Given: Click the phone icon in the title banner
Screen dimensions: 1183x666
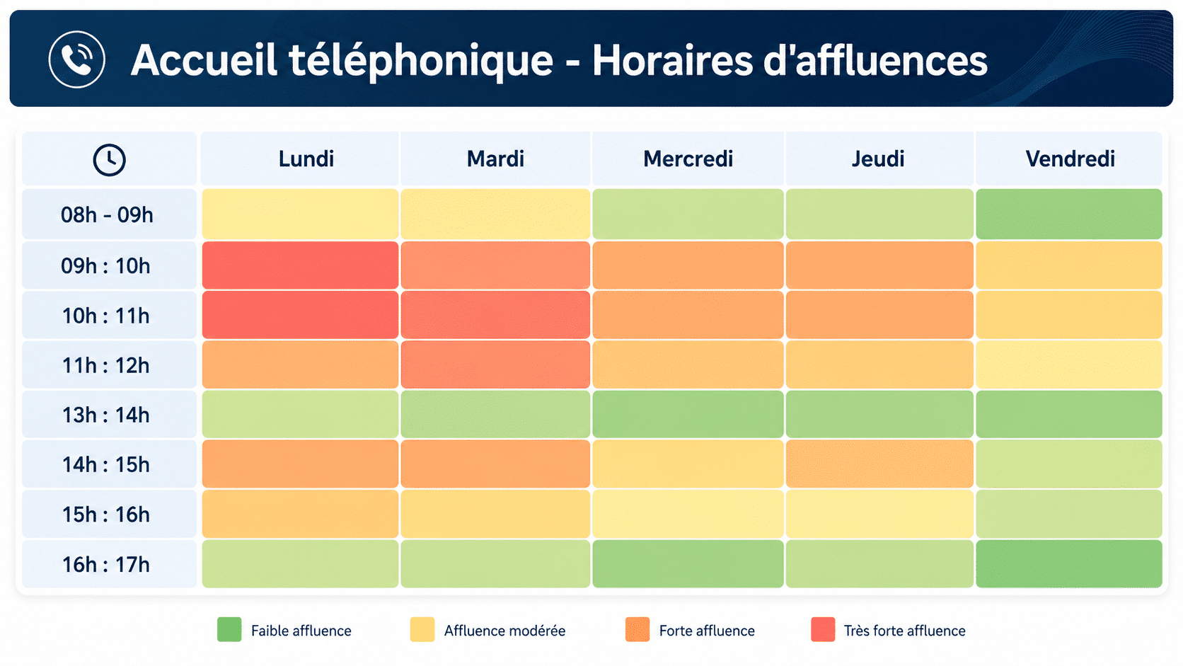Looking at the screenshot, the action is click(77, 59).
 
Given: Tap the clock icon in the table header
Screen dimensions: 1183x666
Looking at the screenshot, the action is click(110, 159).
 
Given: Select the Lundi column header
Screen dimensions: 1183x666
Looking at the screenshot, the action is click(306, 159).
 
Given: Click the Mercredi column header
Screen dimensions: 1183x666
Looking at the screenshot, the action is click(688, 159).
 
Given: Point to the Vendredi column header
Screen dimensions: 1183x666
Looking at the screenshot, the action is click(1070, 159).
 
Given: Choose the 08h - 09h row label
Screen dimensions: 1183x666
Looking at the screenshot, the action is click(107, 215).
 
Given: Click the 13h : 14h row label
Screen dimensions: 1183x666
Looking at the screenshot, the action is click(106, 415).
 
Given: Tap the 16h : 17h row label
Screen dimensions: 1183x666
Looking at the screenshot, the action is click(106, 565).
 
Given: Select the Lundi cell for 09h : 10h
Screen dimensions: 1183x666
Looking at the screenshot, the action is click(300, 265).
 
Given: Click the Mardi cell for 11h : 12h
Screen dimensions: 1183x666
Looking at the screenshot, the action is click(495, 364).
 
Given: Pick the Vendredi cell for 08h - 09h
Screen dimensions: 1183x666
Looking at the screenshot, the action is click(1069, 214).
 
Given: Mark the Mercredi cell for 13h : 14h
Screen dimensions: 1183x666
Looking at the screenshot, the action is click(688, 414).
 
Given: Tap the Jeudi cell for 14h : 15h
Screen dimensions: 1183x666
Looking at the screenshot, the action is click(879, 464).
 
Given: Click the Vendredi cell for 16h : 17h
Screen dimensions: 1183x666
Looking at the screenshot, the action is click(1069, 563).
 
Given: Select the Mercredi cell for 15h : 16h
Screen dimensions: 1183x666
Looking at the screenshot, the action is click(688, 514).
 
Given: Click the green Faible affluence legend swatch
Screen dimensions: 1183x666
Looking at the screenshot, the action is click(229, 630).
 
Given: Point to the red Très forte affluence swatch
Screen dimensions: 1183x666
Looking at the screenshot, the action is click(823, 630).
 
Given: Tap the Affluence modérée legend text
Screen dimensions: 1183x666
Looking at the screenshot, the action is click(504, 631).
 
